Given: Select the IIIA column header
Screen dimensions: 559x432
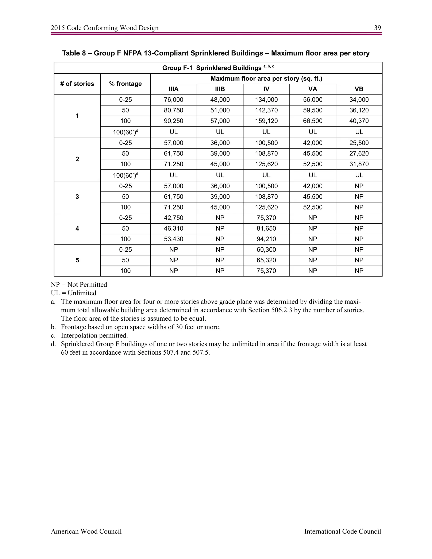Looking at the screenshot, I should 174,89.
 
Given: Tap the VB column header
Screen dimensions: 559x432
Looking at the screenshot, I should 359,89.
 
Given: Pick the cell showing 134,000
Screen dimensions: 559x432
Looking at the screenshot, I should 266,100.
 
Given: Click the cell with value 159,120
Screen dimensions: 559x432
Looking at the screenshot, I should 266,121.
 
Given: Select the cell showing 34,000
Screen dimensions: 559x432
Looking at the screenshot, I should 359,100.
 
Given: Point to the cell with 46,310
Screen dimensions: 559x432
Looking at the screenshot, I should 174,228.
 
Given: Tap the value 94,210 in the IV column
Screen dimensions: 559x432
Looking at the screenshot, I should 266,239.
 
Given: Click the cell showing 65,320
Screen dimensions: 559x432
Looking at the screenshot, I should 266,260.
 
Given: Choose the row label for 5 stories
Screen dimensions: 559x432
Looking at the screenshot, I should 77,260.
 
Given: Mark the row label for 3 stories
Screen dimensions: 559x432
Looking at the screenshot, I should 77,197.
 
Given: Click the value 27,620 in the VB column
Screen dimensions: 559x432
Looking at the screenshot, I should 359,154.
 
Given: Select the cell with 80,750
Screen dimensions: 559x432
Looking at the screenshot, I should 174,110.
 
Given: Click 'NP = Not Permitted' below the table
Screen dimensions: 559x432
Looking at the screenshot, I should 79,285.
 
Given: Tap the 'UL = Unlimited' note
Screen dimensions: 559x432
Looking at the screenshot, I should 73,293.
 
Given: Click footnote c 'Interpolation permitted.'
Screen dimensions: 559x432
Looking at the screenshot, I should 94,335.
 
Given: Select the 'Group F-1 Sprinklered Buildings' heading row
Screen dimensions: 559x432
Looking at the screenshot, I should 218,68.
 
